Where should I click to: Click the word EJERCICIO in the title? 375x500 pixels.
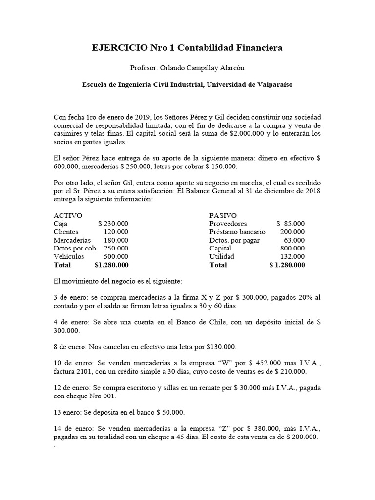coord(119,48)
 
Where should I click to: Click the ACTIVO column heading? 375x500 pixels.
coord(67,215)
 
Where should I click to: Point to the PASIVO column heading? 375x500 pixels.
coord(223,215)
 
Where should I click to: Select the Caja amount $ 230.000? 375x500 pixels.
coord(113,223)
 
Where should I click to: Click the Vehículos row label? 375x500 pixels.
coord(69,256)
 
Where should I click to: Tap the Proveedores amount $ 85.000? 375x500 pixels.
coord(290,223)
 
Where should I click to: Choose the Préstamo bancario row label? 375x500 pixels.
coord(237,231)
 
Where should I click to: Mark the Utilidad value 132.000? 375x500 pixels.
coord(292,256)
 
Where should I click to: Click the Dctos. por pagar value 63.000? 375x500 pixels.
coord(294,240)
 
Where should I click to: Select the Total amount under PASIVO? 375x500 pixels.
coord(287,265)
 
